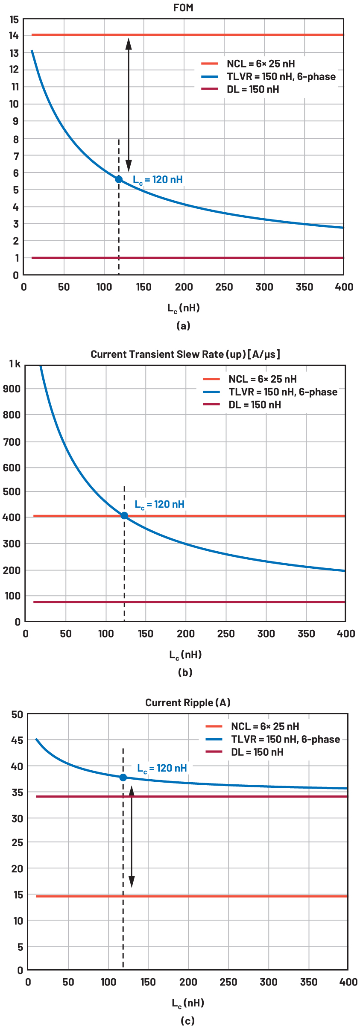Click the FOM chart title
click(183, 8)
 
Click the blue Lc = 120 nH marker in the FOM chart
click(119, 179)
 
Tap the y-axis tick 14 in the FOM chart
click(14, 35)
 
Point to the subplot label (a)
click(183, 326)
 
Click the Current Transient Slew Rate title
click(185, 354)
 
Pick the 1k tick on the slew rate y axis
click(15, 364)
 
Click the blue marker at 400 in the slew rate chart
click(124, 515)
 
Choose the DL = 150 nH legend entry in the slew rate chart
click(255, 405)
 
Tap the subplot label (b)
click(185, 672)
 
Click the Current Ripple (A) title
click(188, 703)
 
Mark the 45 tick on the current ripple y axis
click(17, 740)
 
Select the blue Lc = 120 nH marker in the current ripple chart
click(123, 778)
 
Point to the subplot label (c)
click(187, 1021)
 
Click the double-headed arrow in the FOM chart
click(129, 105)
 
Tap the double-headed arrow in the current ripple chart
click(132, 837)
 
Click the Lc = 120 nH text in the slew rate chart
click(159, 505)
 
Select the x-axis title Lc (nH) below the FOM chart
click(183, 308)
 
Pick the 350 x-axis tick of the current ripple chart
click(308, 982)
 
